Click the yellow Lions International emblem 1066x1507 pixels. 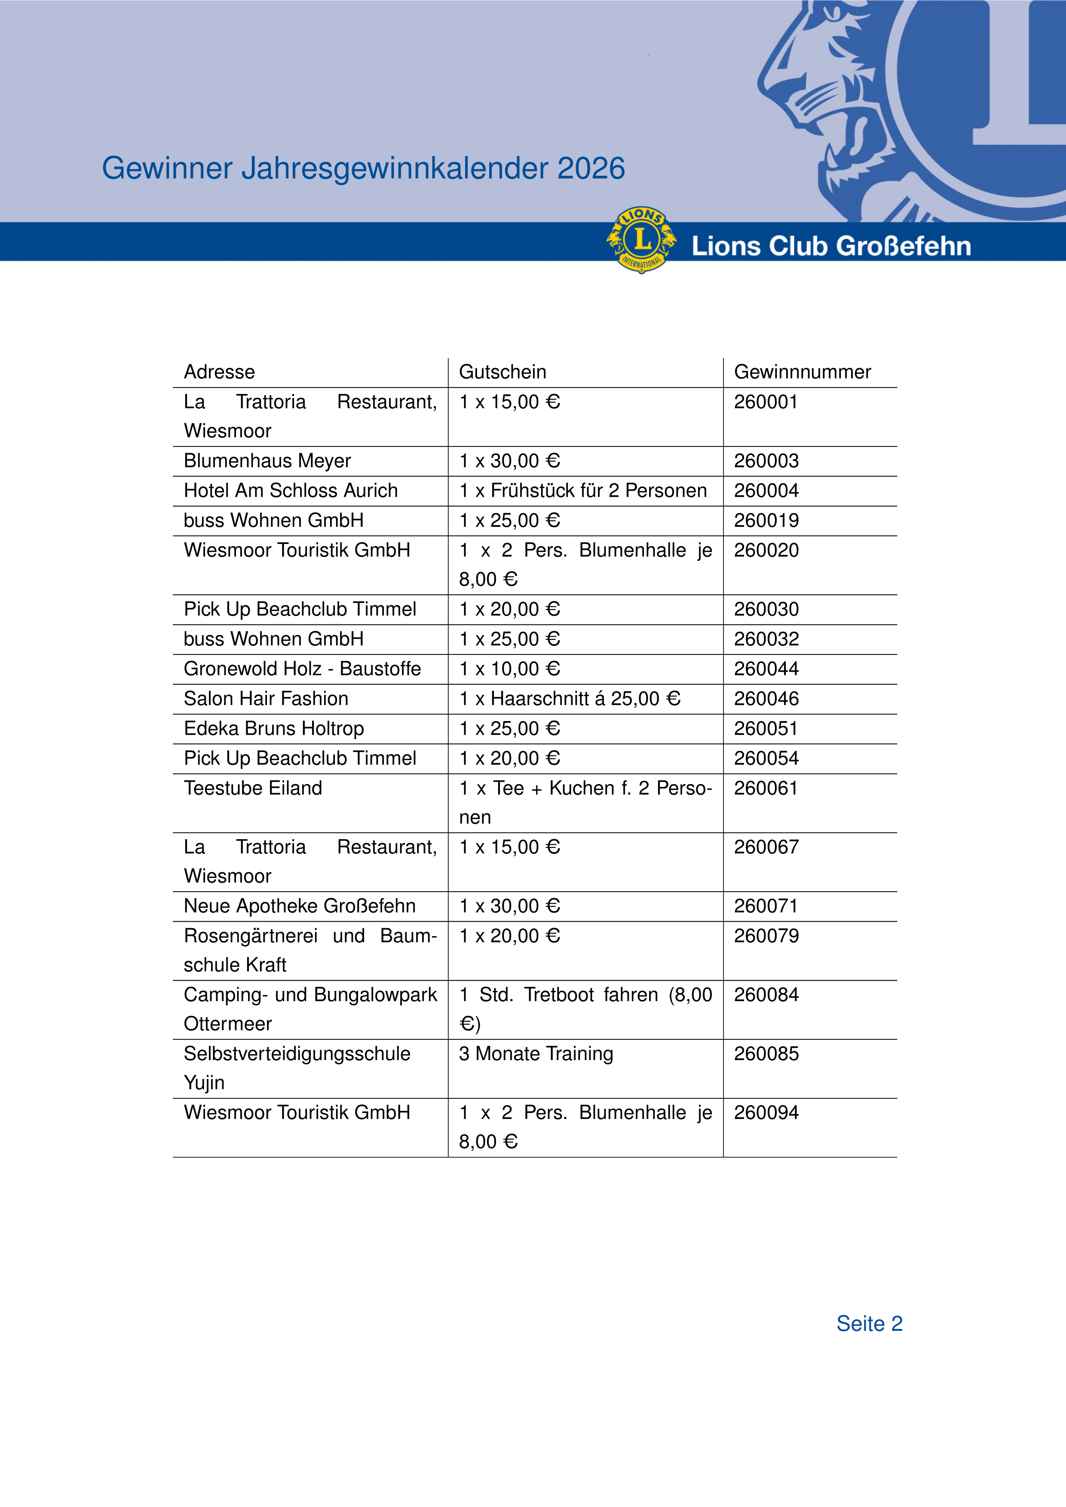click(x=641, y=240)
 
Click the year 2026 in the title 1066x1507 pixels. click(x=591, y=169)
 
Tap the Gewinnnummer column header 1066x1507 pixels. click(x=802, y=372)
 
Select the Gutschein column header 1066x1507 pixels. click(x=502, y=372)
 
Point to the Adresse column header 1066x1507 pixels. click(x=219, y=372)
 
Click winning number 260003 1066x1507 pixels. click(x=766, y=461)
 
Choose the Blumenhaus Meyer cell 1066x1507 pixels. click(x=267, y=461)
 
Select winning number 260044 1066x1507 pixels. click(x=766, y=669)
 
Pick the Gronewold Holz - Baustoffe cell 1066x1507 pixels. click(x=302, y=669)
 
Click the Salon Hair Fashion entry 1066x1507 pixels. click(x=266, y=698)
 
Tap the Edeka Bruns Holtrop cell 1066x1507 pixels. click(x=274, y=728)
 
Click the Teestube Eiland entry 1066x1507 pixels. click(x=253, y=788)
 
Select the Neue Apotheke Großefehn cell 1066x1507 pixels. click(x=299, y=906)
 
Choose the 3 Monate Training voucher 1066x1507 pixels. click(x=536, y=1054)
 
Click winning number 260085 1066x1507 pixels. click(x=766, y=1054)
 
